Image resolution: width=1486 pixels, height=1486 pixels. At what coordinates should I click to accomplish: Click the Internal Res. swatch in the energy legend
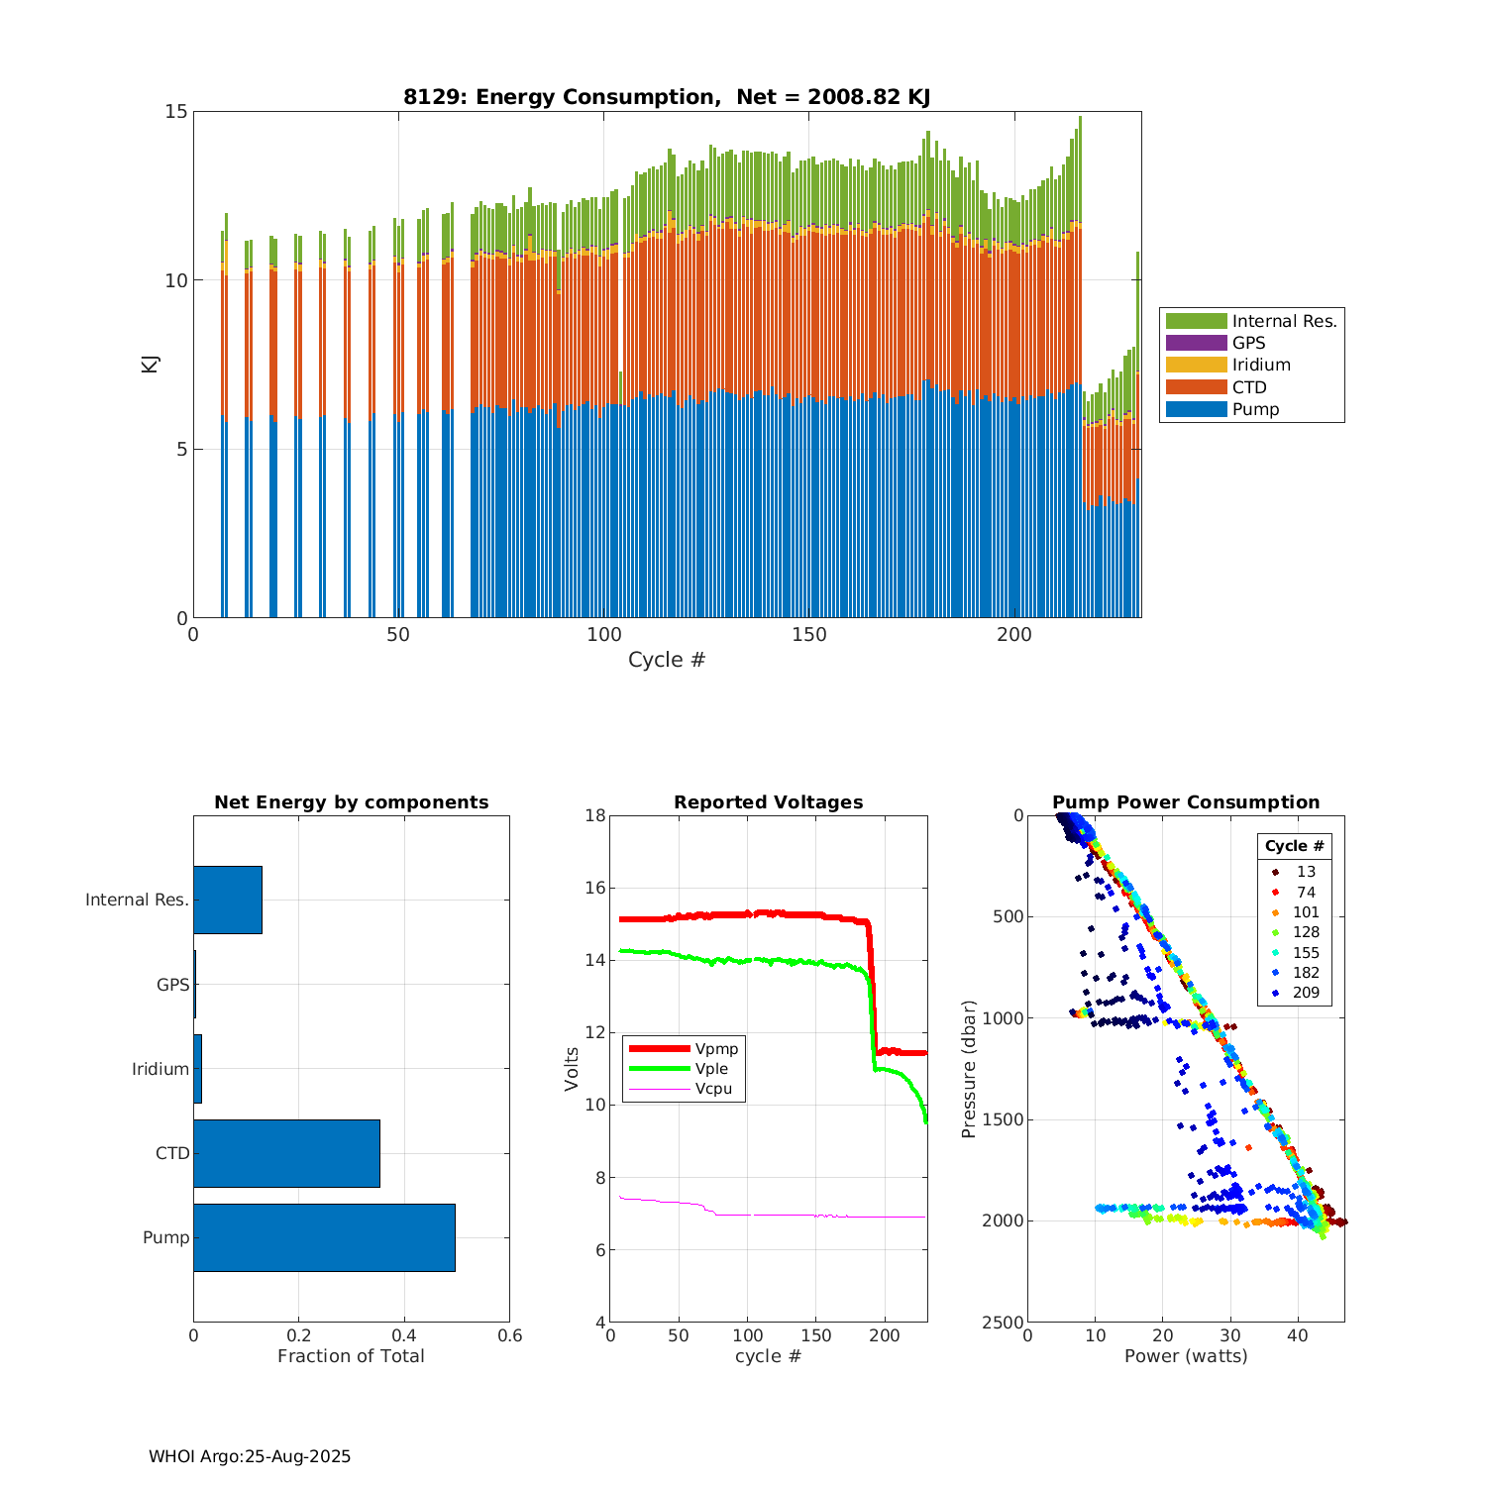point(1196,321)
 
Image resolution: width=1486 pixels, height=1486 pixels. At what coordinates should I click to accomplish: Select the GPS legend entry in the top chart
point(1248,343)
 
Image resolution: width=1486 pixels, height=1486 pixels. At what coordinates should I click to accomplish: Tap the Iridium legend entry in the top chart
point(1260,365)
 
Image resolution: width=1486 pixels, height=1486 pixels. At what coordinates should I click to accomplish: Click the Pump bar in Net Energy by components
point(324,1237)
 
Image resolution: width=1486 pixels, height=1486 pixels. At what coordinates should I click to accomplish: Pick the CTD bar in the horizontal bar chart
point(286,1153)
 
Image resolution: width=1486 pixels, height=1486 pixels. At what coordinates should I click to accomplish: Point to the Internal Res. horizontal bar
point(227,900)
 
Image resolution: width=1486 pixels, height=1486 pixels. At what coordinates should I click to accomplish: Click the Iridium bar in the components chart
point(197,1069)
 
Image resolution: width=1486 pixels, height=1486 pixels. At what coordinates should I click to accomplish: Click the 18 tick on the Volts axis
point(595,815)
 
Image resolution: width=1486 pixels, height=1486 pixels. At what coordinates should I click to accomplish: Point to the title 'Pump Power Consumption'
point(1186,802)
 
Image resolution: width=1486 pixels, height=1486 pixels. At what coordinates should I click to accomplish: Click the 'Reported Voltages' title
point(768,802)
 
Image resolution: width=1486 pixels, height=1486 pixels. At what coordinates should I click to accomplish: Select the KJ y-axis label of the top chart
point(151,364)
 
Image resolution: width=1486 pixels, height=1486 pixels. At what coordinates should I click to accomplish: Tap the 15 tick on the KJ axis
point(175,111)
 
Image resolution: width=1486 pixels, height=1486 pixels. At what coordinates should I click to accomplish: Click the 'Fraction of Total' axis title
point(351,1356)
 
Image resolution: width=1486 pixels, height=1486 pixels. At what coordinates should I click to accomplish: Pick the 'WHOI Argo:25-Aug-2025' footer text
point(250,1456)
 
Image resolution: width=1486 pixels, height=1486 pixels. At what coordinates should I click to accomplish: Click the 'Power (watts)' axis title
point(1186,1356)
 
